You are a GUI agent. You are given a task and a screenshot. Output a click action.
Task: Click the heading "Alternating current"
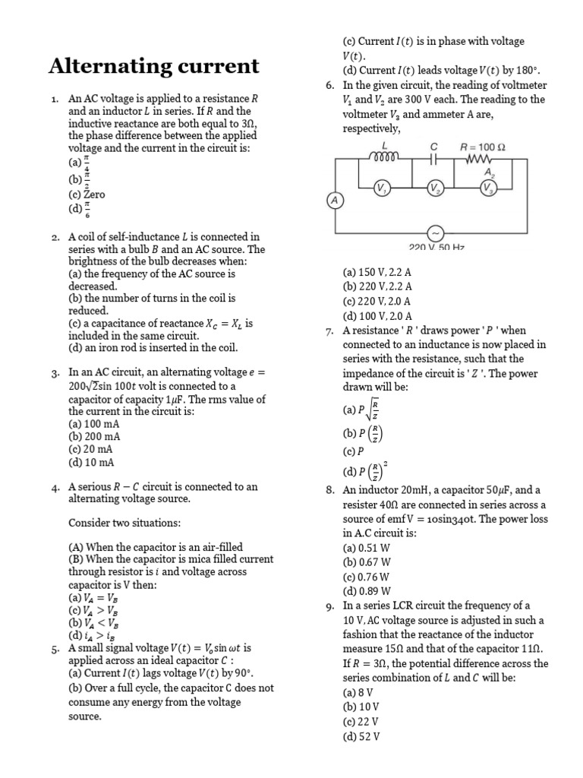tap(154, 67)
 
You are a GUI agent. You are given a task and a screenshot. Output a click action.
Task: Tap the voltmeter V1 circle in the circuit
tap(383, 188)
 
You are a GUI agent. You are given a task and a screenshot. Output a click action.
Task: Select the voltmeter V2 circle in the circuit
tap(434, 188)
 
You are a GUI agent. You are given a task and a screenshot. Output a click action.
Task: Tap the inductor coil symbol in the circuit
tap(385, 158)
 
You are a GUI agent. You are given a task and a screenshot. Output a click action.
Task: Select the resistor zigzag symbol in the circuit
tap(480, 160)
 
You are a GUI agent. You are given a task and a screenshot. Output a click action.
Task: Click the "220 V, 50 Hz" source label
tap(436, 248)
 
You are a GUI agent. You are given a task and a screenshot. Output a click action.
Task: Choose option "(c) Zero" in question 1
tap(87, 194)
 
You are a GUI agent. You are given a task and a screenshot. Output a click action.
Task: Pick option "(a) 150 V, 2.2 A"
tap(377, 272)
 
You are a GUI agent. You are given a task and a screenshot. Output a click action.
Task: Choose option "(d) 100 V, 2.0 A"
tap(377, 316)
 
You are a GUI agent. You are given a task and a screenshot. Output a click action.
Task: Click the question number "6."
tap(329, 85)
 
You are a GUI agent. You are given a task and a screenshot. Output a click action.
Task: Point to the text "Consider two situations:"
tap(124, 523)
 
